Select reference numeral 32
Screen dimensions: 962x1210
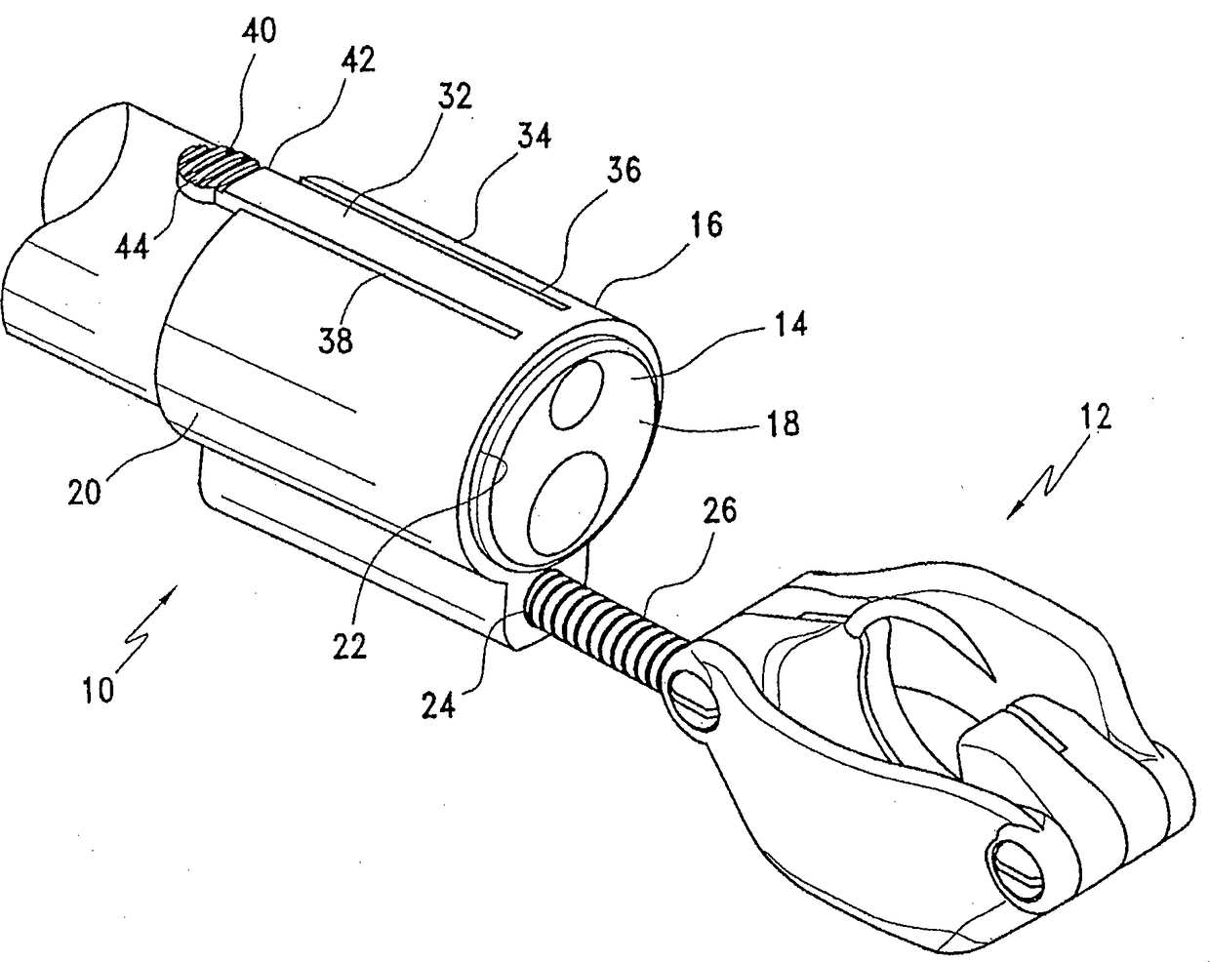point(455,96)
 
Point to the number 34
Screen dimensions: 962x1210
point(534,136)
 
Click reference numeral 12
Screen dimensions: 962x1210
point(1096,418)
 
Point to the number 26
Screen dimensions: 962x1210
point(718,510)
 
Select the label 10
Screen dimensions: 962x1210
point(99,689)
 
